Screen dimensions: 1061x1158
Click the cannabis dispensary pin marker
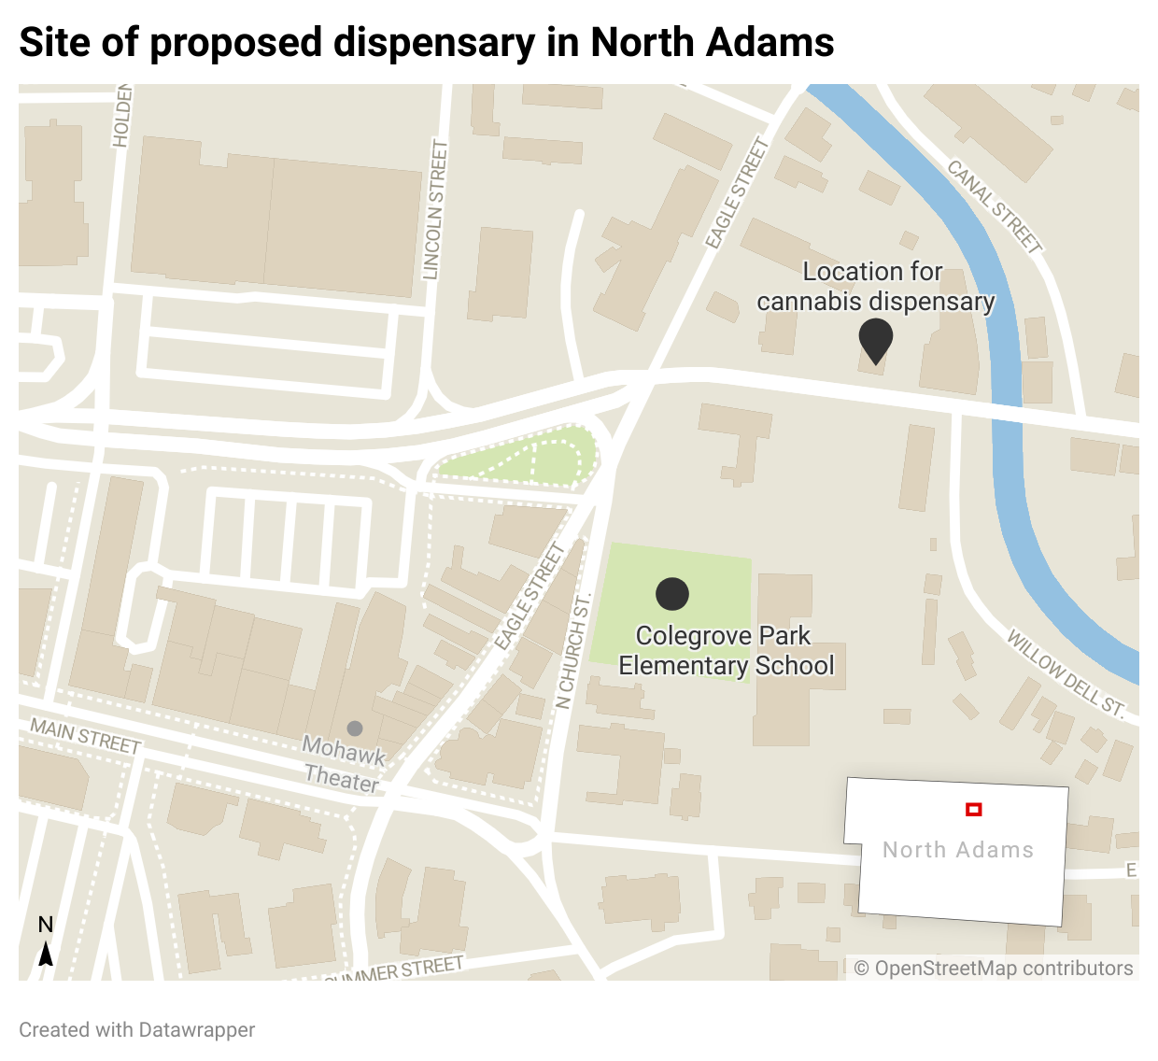click(875, 339)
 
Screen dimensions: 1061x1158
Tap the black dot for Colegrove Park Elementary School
click(672, 593)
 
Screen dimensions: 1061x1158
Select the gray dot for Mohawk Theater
click(355, 728)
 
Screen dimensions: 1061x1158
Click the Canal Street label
click(994, 206)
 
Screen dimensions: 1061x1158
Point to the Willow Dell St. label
click(1066, 672)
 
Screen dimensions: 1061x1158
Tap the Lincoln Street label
click(436, 209)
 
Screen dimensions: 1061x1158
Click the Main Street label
click(85, 735)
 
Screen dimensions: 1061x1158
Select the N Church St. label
click(572, 650)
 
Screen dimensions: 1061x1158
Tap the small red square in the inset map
click(973, 810)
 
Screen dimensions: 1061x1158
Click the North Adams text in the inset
click(958, 850)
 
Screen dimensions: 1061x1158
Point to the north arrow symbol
click(45, 953)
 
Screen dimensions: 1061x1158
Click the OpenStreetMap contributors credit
click(994, 969)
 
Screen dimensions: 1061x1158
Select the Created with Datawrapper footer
click(137, 1029)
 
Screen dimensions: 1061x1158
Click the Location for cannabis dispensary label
click(875, 286)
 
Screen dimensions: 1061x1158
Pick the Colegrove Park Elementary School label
click(726, 650)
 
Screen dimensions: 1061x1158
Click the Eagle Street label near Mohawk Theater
click(529, 596)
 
